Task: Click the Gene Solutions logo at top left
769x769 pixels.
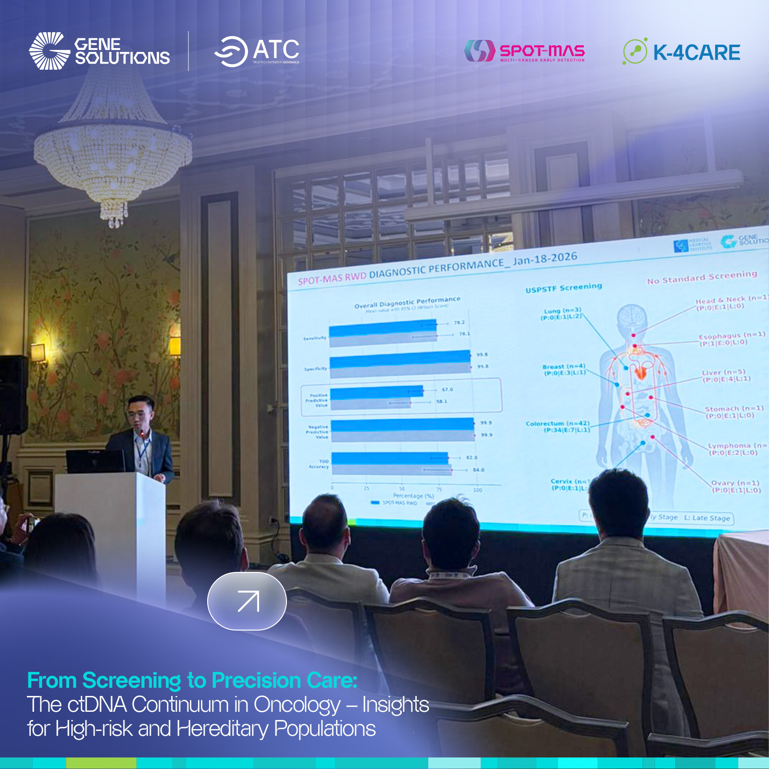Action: click(x=99, y=51)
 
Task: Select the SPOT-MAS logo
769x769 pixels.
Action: click(x=525, y=51)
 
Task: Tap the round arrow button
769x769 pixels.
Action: click(x=247, y=601)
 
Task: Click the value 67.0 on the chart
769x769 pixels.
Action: click(x=447, y=389)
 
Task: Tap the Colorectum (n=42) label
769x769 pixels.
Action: click(x=558, y=426)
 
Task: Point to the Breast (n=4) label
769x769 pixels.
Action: click(x=564, y=369)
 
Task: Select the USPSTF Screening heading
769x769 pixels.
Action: click(x=563, y=288)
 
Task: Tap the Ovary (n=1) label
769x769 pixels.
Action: click(x=735, y=486)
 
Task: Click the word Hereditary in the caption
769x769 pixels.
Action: click(x=222, y=729)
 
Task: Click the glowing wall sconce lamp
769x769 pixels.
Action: click(x=38, y=352)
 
